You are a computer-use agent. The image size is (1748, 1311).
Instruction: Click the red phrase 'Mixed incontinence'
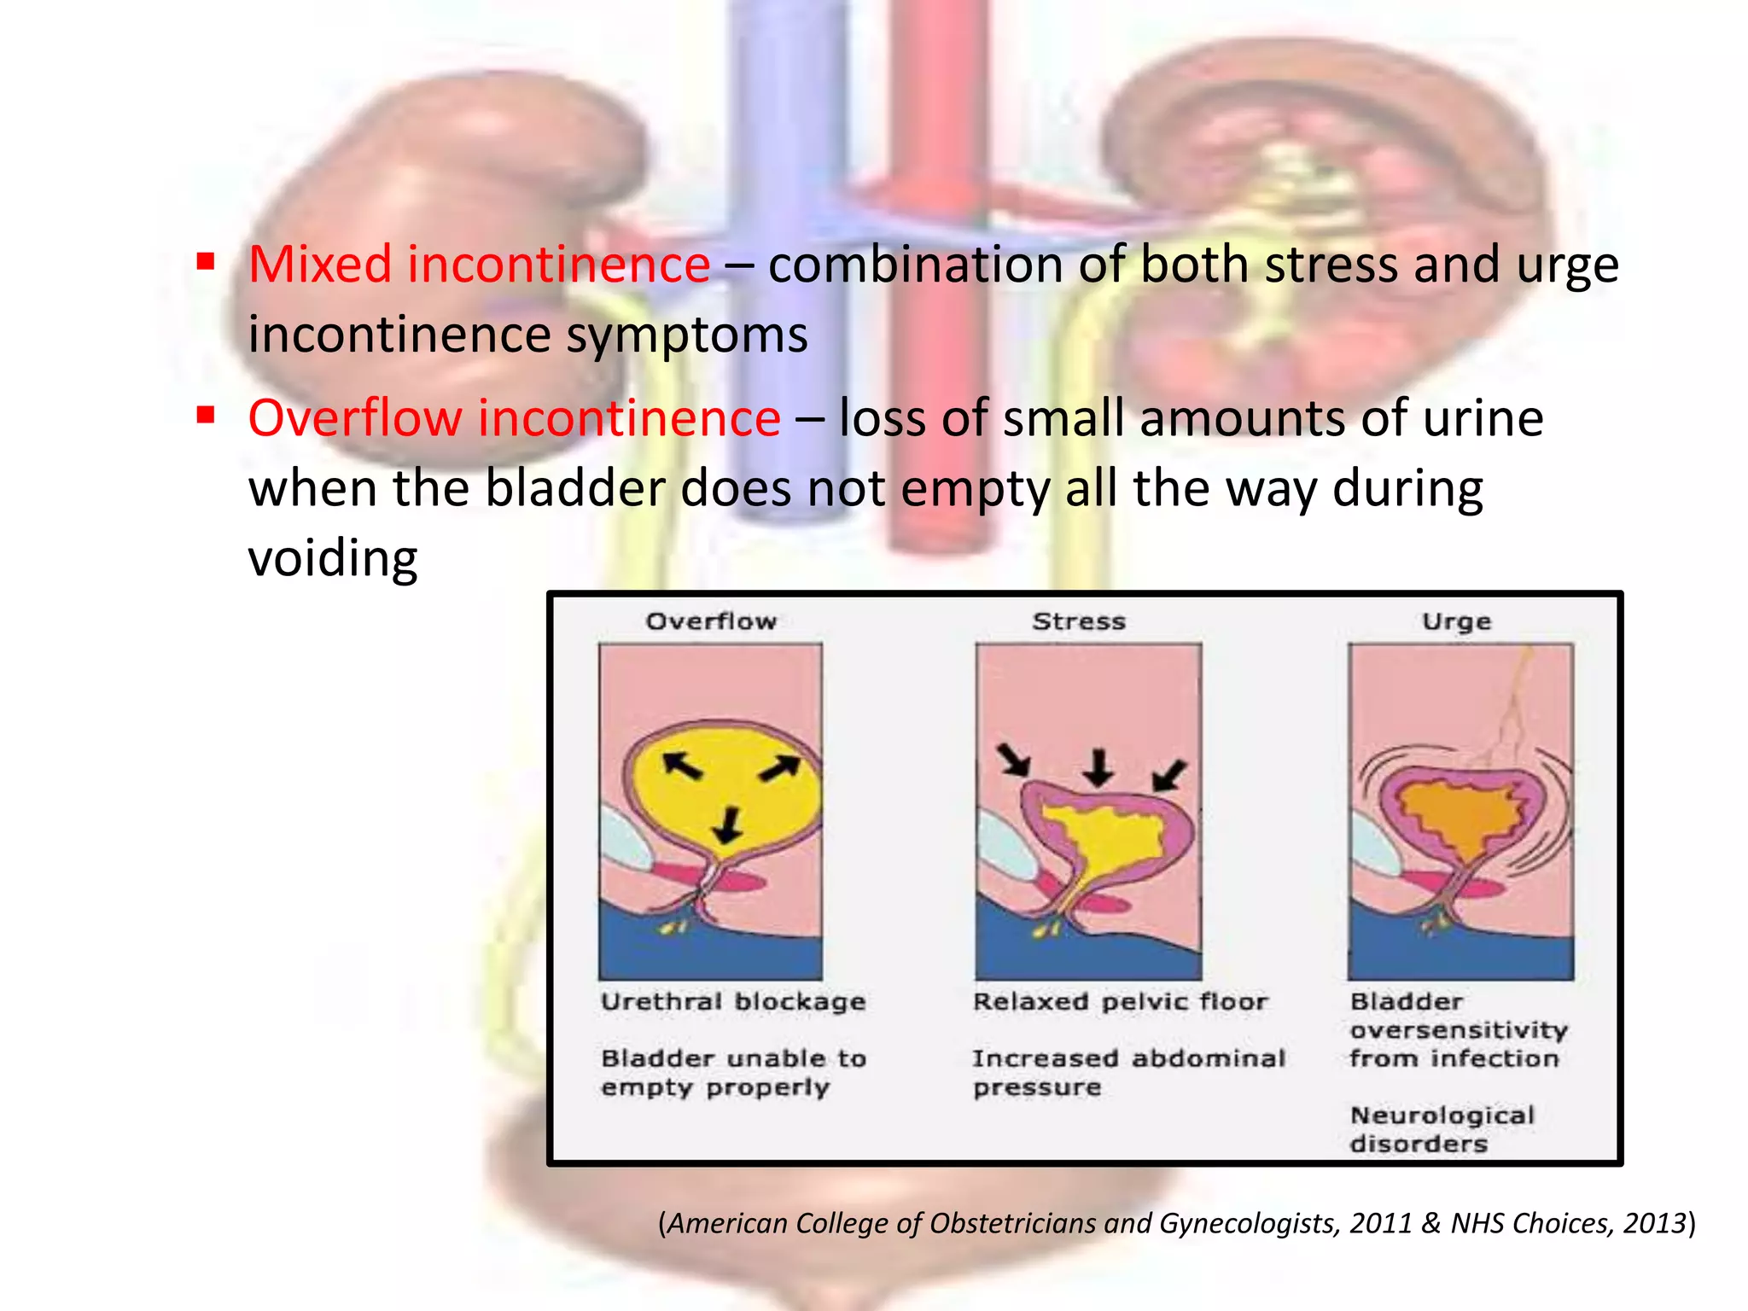coord(479,265)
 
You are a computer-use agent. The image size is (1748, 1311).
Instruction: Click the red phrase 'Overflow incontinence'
coord(514,418)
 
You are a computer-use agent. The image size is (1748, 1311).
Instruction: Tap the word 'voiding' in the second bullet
coord(333,559)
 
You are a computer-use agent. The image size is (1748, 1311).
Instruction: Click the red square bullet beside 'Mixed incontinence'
coord(205,260)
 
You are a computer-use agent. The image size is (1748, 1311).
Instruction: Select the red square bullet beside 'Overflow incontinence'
coord(205,415)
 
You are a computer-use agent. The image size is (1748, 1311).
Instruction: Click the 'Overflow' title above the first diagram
coord(711,621)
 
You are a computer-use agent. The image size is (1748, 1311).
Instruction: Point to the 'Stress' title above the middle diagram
coord(1079,621)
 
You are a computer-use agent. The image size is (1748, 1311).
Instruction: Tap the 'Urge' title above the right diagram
coord(1456,621)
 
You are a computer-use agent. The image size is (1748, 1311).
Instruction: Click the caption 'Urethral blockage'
coord(733,1002)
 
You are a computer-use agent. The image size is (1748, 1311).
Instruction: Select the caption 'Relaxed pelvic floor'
coord(1120,1002)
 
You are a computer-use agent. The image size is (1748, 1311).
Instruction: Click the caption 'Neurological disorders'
coord(1442,1129)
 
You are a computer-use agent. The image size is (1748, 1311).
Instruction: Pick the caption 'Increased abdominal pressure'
coord(1128,1073)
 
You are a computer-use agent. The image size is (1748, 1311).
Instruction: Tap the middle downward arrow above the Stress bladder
coord(1098,766)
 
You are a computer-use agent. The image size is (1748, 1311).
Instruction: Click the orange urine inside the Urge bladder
coord(1461,819)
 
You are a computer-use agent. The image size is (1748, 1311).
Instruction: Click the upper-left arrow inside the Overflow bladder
coord(682,764)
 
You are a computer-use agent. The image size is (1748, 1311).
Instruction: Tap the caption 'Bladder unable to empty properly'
coord(733,1073)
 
